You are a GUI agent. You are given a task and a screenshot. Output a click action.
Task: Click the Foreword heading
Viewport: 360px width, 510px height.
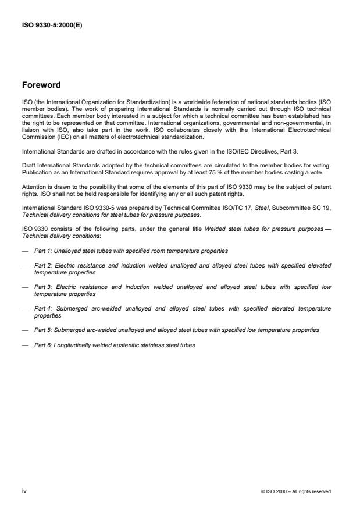point(41,85)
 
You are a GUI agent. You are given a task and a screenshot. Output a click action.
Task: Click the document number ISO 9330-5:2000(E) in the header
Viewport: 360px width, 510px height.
point(52,25)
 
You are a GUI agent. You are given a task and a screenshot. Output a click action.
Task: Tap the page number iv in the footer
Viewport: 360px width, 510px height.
point(24,491)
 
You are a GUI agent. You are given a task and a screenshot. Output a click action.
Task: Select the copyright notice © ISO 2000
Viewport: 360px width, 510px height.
point(296,492)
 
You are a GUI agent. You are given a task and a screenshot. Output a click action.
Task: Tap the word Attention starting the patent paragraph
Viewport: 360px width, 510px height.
point(33,188)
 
